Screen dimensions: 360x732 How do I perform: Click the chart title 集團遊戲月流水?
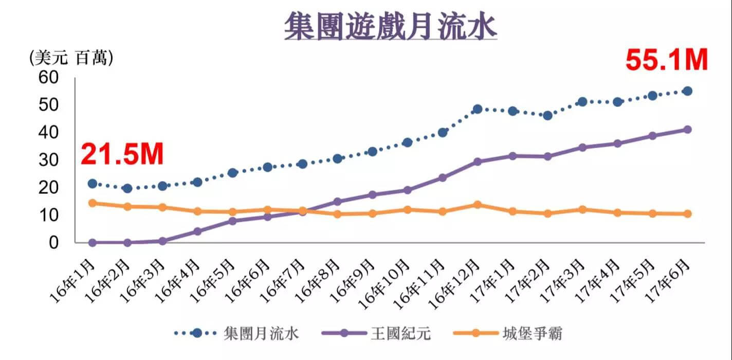(391, 26)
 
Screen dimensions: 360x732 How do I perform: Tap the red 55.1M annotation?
(666, 60)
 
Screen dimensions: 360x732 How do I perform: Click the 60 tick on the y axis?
(50, 78)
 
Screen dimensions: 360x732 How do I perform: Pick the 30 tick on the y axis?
(50, 160)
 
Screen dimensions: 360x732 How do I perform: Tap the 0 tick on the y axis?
(55, 242)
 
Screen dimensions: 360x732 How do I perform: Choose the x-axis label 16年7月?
(285, 281)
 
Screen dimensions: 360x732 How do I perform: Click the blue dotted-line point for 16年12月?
(478, 109)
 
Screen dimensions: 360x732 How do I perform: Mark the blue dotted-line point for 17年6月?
(687, 91)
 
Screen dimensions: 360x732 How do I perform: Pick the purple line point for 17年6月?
(687, 130)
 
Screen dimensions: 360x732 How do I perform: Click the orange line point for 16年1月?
(93, 203)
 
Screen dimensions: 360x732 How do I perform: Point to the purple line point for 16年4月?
(197, 231)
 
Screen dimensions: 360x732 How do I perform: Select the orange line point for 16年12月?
(478, 205)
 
